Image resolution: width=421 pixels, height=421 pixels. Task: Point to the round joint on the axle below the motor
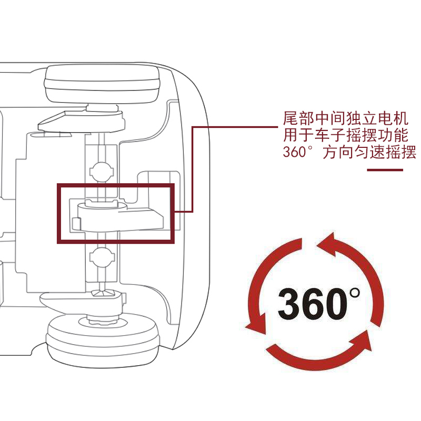102,257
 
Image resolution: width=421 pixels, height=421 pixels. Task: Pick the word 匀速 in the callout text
366,153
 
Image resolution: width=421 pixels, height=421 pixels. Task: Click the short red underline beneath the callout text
385,170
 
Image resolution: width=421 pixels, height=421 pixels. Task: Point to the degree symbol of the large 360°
355,292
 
